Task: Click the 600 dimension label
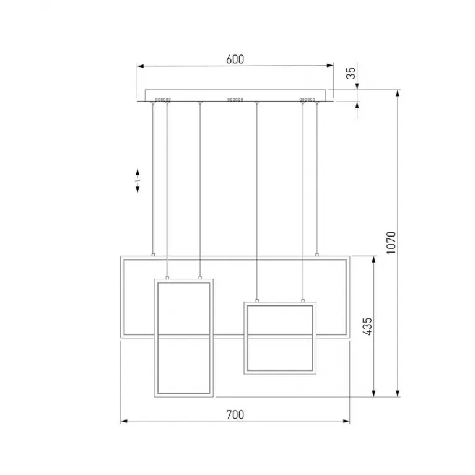pyautogui.click(x=235, y=59)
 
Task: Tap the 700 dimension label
pyautogui.click(x=235, y=414)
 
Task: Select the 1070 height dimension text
pyautogui.click(x=391, y=243)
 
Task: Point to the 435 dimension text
pyautogui.click(x=367, y=326)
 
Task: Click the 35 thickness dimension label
pyautogui.click(x=351, y=73)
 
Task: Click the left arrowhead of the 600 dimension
pyautogui.click(x=140, y=66)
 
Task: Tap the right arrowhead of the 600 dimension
pyautogui.click(x=330, y=65)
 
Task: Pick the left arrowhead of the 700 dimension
pyautogui.click(x=124, y=421)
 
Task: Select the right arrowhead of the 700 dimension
pyautogui.click(x=346, y=421)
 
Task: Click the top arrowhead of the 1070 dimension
pyautogui.click(x=398, y=93)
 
